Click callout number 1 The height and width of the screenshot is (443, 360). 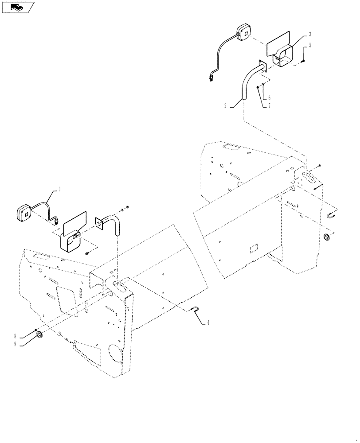[60, 189]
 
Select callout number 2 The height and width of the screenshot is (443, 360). [226, 106]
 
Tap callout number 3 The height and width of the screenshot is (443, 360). [310, 34]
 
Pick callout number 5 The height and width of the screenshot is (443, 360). [310, 45]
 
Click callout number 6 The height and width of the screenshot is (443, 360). [269, 97]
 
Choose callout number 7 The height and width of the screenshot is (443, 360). [269, 106]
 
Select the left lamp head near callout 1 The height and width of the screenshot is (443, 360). [25, 213]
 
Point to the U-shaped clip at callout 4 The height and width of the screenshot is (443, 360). [194, 311]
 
